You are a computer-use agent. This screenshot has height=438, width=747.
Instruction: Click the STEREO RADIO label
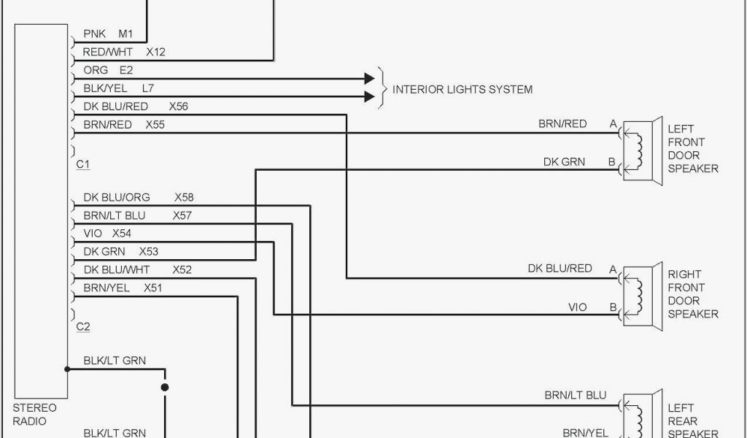34,415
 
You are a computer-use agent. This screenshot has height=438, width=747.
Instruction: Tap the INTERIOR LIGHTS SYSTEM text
462,90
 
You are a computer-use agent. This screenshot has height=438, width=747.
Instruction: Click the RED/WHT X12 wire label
124,52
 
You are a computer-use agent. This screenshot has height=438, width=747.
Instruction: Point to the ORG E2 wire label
108,70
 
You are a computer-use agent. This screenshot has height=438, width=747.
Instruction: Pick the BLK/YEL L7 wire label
118,88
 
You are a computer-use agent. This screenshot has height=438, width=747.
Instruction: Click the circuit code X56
178,107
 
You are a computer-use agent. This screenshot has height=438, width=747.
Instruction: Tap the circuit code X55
155,125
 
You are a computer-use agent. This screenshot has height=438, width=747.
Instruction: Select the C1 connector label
83,165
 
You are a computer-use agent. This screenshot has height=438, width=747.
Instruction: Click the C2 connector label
83,327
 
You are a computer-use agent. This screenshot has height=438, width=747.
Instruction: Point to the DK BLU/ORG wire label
117,197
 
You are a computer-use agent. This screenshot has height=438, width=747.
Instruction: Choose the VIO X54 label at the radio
107,234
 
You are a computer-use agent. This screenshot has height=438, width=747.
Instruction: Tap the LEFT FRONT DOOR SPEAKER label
693,149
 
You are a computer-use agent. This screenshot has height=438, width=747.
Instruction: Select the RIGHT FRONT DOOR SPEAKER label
693,294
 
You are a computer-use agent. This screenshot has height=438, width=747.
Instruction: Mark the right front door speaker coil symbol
640,294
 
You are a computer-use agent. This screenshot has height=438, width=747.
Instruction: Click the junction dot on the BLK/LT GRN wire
165,388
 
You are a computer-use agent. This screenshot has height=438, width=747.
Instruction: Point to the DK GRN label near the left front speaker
564,162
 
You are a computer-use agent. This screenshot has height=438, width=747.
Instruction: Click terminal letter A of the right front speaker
614,269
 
